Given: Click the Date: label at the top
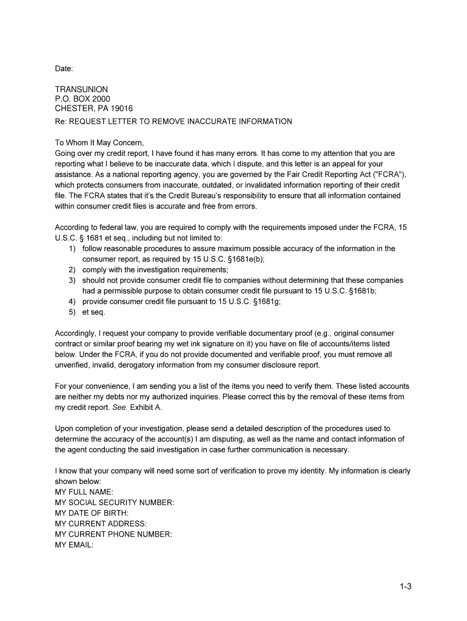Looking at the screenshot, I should pyautogui.click(x=64, y=69).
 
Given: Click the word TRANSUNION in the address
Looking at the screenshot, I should pyautogui.click(x=81, y=89).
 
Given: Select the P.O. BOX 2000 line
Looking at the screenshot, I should pyautogui.click(x=82, y=99).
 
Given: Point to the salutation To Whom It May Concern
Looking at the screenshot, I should pyautogui.click(x=99, y=144).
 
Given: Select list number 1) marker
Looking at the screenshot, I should pyautogui.click(x=72, y=249).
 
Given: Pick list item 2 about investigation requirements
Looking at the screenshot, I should pyautogui.click(x=155, y=270).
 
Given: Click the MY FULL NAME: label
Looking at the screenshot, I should pyautogui.click(x=84, y=492).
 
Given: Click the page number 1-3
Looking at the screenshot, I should pyautogui.click(x=406, y=586).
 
